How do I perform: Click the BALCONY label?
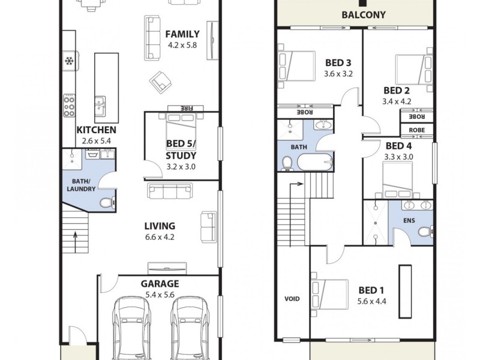[x=363, y=15]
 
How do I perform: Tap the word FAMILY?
[x=183, y=33]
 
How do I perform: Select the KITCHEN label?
[x=96, y=130]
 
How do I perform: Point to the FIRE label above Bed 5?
[x=182, y=108]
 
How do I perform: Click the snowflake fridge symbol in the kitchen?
[x=68, y=61]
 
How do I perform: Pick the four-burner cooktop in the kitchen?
[x=69, y=105]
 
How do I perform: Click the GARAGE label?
[x=160, y=284]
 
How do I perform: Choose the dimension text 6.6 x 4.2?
[x=160, y=237]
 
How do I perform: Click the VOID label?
[x=292, y=299]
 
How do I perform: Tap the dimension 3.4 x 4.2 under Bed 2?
[x=397, y=101]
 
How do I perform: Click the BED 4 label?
[x=398, y=146]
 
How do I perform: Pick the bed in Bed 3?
[x=296, y=65]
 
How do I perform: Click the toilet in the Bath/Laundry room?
[x=106, y=203]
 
